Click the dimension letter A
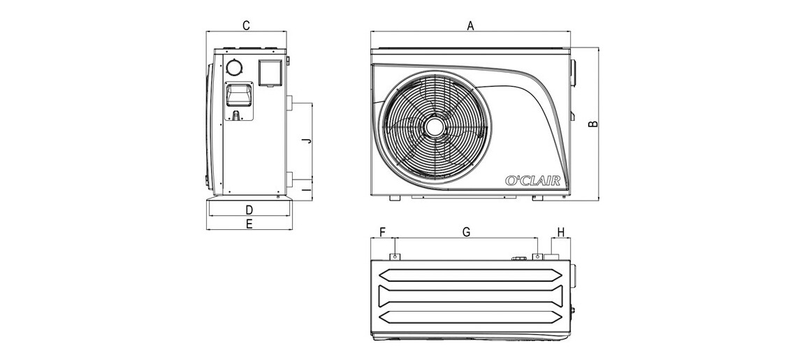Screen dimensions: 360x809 tap(470, 25)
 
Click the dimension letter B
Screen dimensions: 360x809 tap(593, 124)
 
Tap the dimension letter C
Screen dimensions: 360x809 tap(246, 25)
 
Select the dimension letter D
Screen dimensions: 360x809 tap(248, 209)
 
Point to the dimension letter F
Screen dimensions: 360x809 tap(382, 231)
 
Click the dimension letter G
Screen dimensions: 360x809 tap(467, 231)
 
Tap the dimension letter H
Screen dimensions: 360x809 tap(560, 231)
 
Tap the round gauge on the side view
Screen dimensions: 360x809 tap(234, 67)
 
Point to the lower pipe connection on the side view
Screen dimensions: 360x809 tap(288, 178)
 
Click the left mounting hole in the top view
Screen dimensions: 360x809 tap(396, 257)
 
